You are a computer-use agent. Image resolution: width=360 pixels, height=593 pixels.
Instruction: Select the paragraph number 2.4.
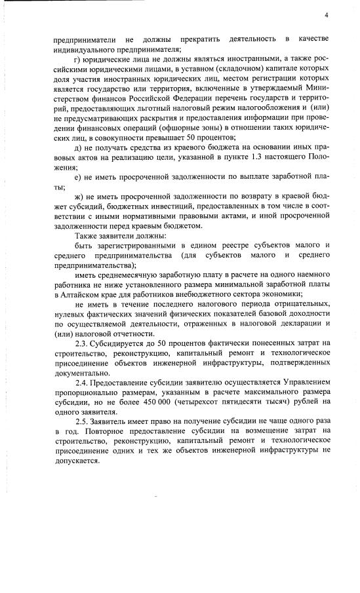tap(83, 381)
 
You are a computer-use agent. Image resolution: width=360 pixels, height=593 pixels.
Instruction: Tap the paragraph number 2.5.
tap(83, 419)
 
